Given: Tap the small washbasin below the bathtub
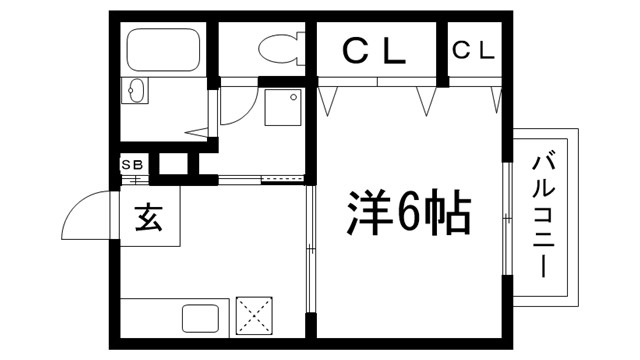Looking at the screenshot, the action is [135, 91].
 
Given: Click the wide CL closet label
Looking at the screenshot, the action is [376, 50].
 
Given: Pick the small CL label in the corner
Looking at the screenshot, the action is [473, 49].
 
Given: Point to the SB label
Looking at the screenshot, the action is [132, 164].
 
